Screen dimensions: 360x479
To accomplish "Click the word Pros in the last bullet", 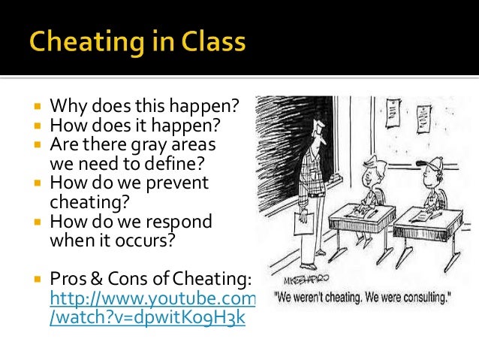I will (67, 280).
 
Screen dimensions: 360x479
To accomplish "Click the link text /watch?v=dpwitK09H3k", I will (147, 317).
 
